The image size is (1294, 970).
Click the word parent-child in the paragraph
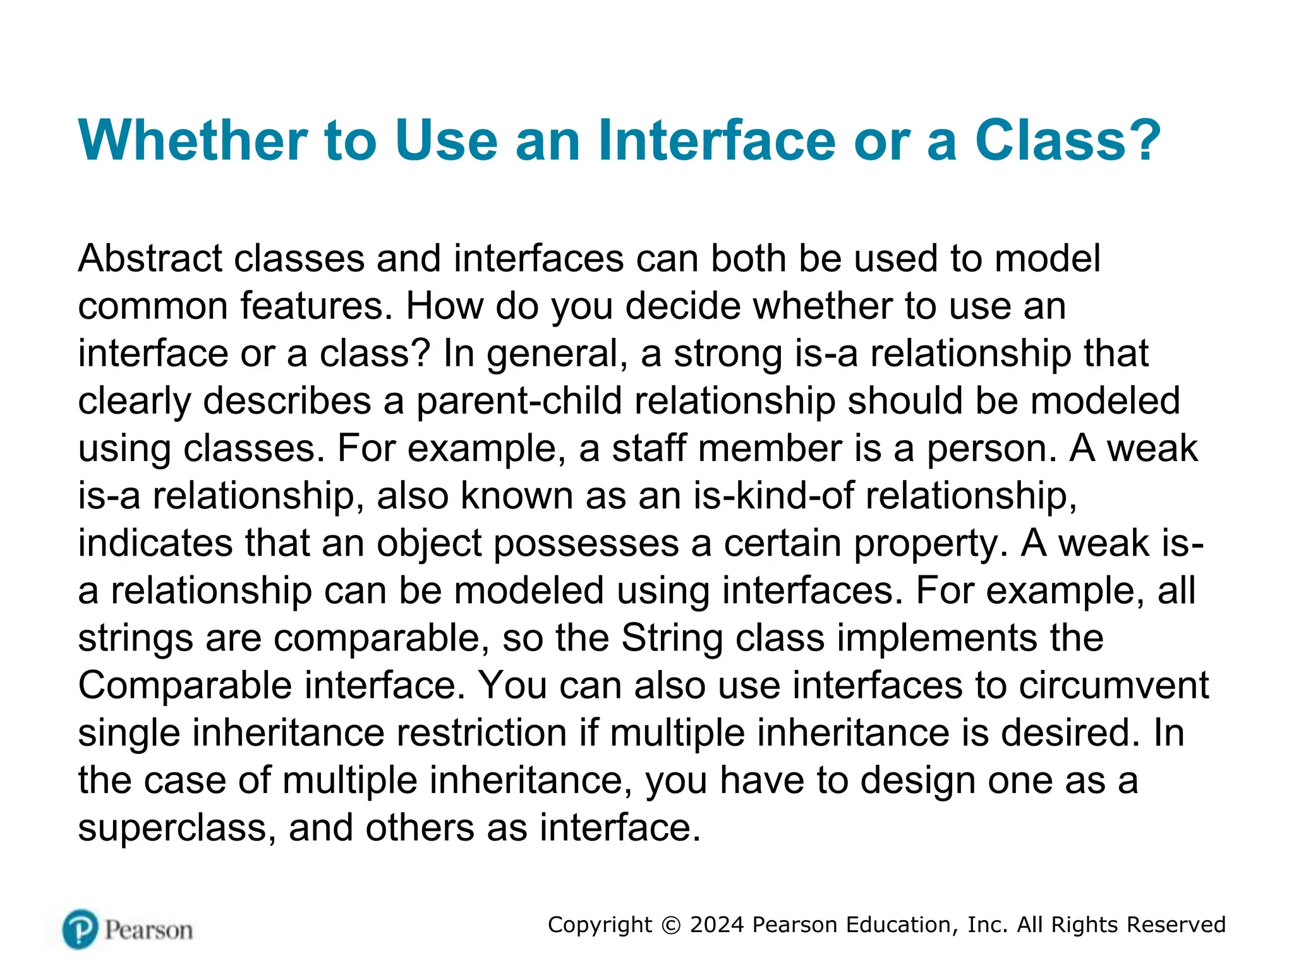tap(519, 401)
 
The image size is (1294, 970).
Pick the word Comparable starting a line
tap(184, 686)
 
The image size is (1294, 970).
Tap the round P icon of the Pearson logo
tap(80, 929)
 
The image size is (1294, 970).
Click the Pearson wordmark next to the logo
tap(148, 930)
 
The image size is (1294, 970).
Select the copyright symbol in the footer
tap(671, 925)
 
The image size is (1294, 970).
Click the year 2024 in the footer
tap(717, 925)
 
